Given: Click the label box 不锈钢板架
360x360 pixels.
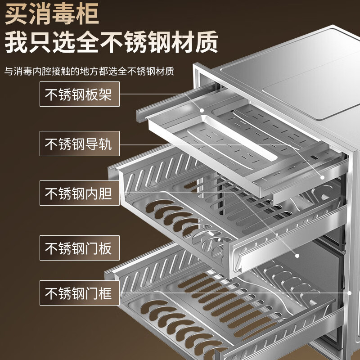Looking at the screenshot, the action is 80,94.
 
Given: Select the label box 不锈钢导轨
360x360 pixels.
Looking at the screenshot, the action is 80,144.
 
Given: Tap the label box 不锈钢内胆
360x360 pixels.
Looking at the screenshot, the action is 80,193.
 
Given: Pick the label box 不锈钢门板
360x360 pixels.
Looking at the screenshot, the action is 80,248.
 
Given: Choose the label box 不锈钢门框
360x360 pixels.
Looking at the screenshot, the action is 80,293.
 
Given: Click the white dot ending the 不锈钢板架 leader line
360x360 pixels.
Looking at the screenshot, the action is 202,110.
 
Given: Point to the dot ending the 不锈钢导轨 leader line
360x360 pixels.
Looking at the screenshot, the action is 322,177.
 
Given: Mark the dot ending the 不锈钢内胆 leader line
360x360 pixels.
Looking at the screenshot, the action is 297,256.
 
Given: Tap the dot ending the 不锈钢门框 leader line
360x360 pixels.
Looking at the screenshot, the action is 350,293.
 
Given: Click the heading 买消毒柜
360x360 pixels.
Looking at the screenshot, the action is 52,14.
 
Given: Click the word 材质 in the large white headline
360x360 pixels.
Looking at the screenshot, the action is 195,42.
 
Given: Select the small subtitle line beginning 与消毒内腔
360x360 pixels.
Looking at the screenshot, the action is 89,71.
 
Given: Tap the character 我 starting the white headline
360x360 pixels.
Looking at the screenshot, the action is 16,42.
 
